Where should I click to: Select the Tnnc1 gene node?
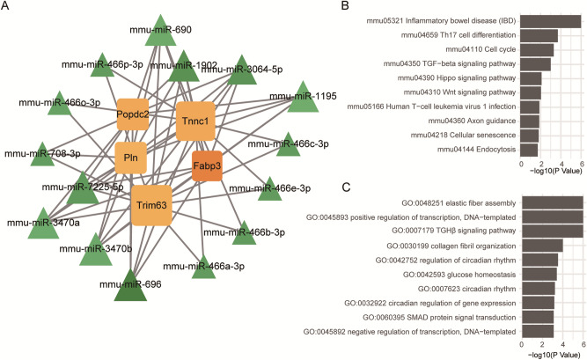(195, 120)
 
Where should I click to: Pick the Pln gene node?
(131, 158)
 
